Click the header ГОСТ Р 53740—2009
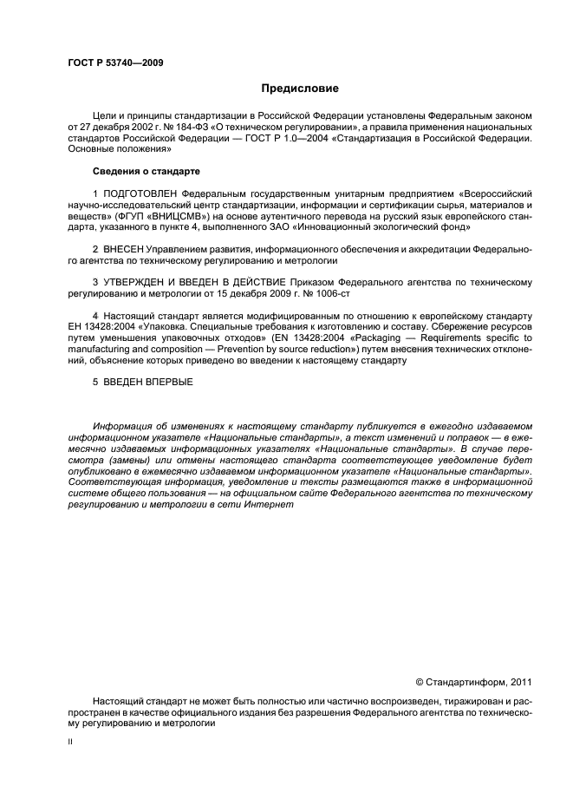[x=114, y=62]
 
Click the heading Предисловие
[x=300, y=88]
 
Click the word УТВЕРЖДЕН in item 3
[x=140, y=283]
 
